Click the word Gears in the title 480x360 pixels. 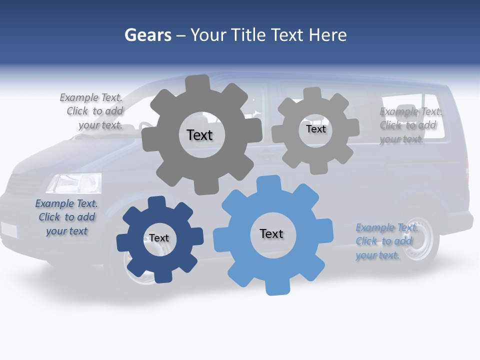(147, 35)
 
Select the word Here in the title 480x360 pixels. (327, 35)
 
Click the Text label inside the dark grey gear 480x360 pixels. (199, 135)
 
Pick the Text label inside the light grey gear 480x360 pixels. (315, 129)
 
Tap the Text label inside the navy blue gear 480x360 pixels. (159, 238)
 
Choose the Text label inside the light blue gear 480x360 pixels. (271, 233)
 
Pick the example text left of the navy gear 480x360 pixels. (66, 217)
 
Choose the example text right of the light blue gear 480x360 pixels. (386, 241)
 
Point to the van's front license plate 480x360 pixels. (8, 229)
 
